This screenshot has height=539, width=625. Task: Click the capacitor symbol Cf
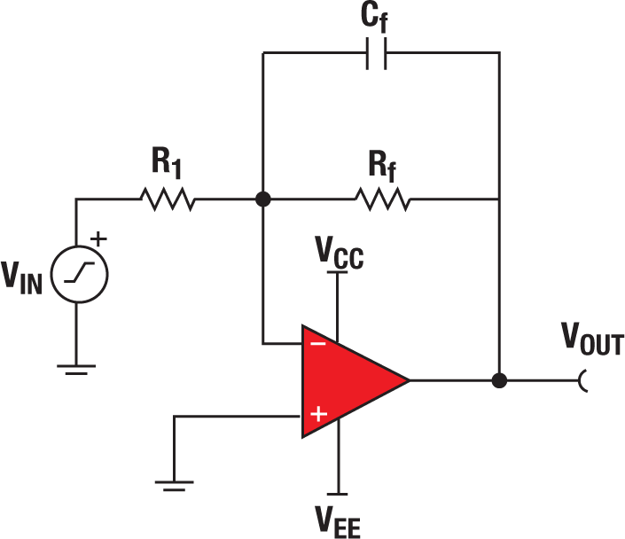pyautogui.click(x=380, y=55)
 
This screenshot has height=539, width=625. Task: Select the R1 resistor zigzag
pyautogui.click(x=168, y=199)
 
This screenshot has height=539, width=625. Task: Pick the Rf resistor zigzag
pyautogui.click(x=382, y=199)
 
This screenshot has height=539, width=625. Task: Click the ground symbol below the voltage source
pyautogui.click(x=77, y=368)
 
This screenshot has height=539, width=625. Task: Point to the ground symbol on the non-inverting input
pyautogui.click(x=174, y=484)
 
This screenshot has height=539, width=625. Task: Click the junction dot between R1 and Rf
pyautogui.click(x=262, y=199)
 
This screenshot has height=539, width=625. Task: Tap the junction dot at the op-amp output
pyautogui.click(x=499, y=380)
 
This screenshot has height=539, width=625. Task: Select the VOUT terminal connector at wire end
pyautogui.click(x=583, y=380)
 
